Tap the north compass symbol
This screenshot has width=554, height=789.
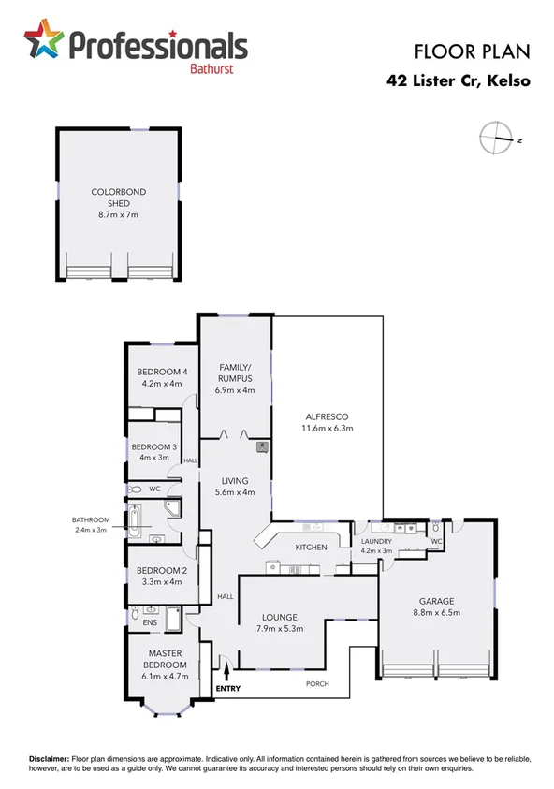[x=495, y=138]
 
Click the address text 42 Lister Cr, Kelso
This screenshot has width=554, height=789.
[x=459, y=80]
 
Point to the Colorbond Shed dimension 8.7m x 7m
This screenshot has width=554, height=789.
[x=118, y=214]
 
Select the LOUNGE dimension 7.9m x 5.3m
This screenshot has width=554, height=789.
[x=280, y=630]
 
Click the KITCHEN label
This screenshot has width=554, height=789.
[x=310, y=547]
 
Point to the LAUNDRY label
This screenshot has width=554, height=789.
[x=377, y=540]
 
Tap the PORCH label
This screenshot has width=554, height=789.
[x=317, y=683]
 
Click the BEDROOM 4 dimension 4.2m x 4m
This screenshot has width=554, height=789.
[x=161, y=383]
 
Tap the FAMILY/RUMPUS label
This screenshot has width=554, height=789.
[x=236, y=372]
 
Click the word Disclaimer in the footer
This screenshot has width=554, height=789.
[x=47, y=758]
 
